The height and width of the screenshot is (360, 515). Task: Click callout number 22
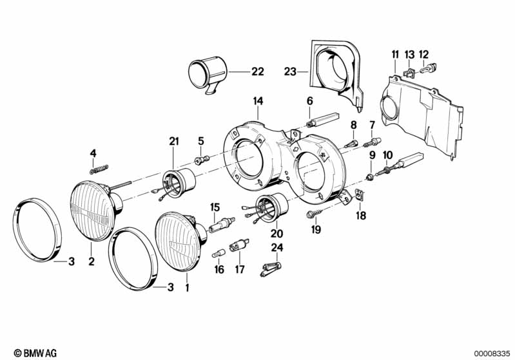258,71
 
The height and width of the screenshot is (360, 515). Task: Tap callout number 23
290,71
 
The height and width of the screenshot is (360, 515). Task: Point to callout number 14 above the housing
258,101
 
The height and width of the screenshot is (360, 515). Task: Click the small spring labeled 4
99,169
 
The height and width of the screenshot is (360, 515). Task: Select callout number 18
361,216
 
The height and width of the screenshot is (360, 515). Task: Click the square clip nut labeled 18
360,196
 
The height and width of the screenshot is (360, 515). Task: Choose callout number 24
277,247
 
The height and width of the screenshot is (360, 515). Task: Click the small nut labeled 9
370,178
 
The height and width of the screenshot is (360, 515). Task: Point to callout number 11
395,55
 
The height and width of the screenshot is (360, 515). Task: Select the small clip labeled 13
409,73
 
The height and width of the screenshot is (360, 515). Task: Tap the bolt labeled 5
202,160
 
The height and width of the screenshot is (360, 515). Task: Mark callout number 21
174,142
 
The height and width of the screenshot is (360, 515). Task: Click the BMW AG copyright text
35,353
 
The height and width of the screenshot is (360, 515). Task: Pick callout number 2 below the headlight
92,261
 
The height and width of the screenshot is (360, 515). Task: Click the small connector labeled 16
218,253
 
